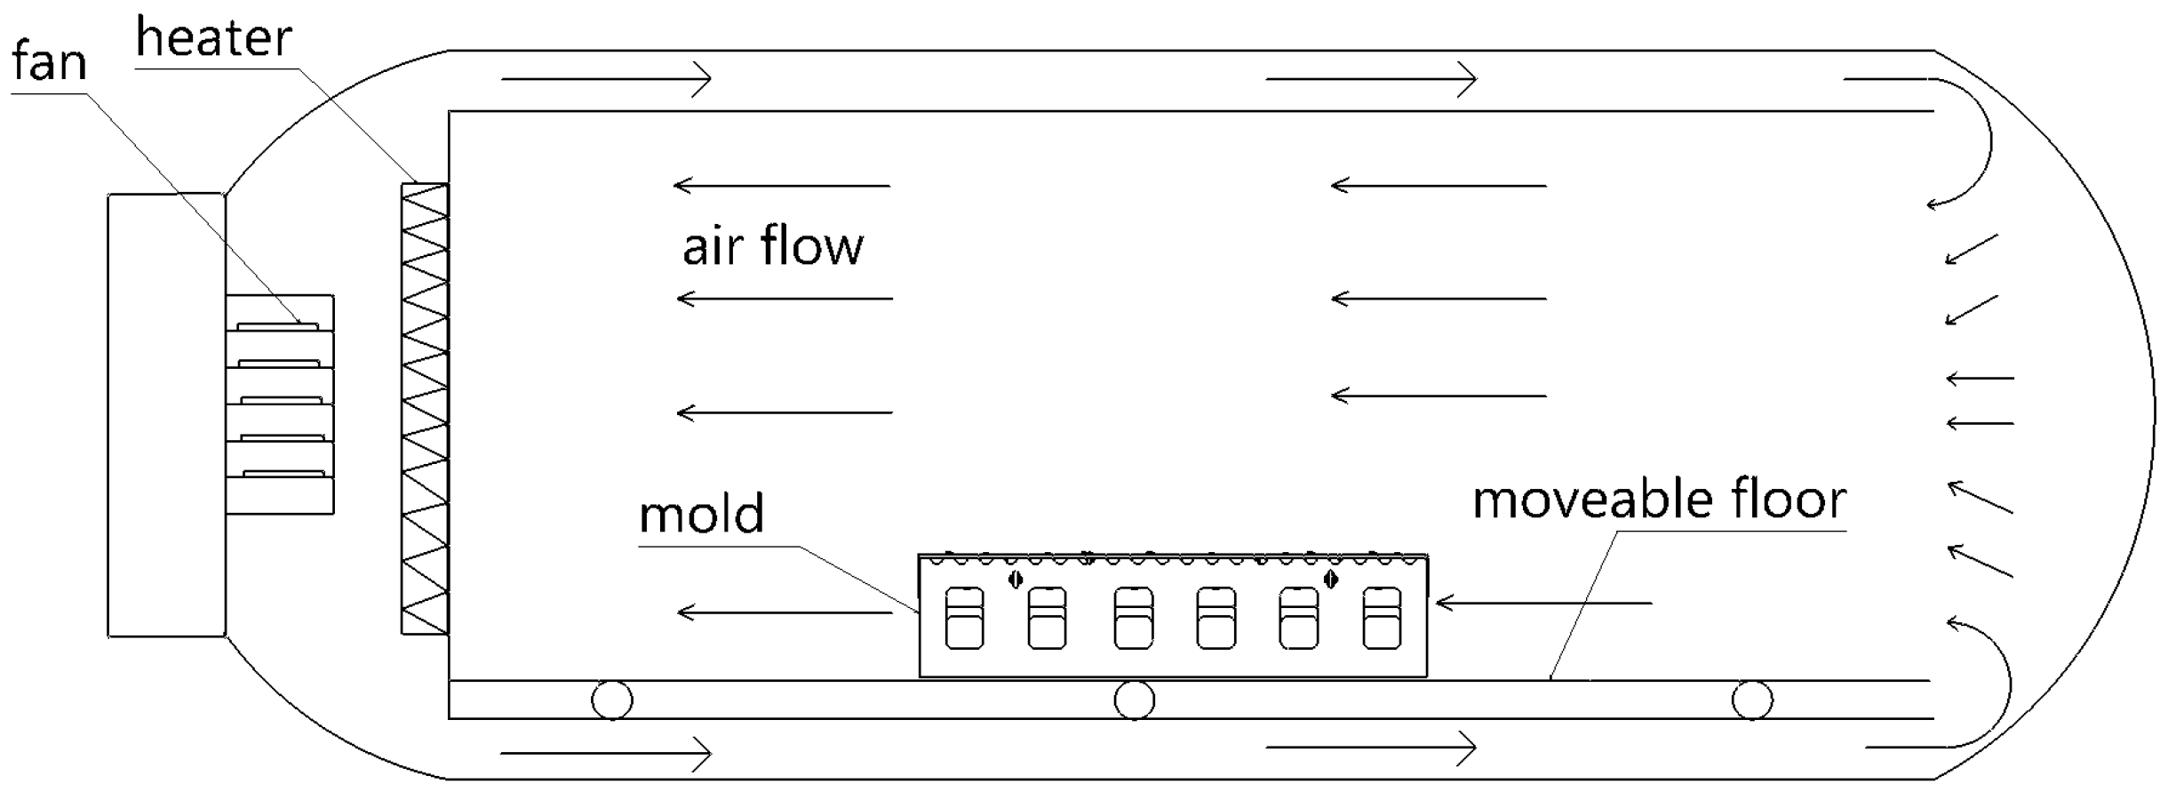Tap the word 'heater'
(213, 39)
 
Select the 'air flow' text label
(772, 246)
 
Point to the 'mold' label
(701, 515)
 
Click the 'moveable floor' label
(1659, 500)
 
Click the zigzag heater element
(425, 409)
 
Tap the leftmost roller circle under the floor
(612, 700)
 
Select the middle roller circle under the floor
(1135, 700)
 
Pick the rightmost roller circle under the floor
(1752, 700)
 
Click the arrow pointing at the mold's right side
(1543, 604)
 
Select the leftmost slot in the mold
(964, 618)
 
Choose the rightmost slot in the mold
(1382, 618)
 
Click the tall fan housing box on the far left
(166, 415)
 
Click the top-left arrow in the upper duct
(607, 79)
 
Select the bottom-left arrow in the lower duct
(607, 754)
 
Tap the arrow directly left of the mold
(785, 612)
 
